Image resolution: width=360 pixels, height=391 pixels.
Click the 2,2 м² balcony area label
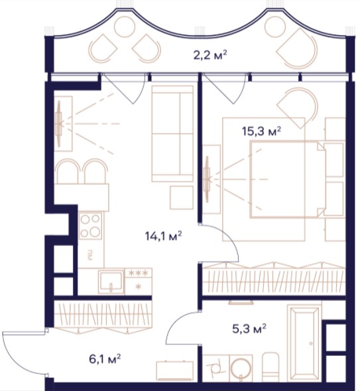(x=210, y=55)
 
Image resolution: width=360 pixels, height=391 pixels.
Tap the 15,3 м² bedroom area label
(x=262, y=131)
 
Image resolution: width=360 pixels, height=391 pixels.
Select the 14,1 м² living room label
(x=163, y=236)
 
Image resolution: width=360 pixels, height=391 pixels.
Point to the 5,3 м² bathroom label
(x=249, y=329)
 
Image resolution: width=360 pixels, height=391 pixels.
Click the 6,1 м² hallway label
(x=105, y=359)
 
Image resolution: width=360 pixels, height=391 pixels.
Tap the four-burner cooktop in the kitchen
(x=90, y=226)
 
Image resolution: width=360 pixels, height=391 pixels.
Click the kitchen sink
(x=111, y=282)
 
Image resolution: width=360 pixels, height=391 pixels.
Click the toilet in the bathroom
(x=270, y=366)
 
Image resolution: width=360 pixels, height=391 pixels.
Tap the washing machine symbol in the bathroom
(x=215, y=368)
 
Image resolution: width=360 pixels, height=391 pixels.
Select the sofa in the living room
(x=172, y=133)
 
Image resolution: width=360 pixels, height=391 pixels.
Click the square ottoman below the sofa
(x=182, y=197)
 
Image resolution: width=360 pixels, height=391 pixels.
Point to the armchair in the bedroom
(x=298, y=107)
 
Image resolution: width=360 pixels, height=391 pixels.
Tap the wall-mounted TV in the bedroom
(x=207, y=179)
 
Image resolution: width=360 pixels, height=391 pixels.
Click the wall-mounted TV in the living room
(x=59, y=123)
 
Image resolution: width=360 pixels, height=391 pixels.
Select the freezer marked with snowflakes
(x=138, y=280)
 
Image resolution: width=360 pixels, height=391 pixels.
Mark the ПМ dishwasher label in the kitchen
(x=90, y=256)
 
